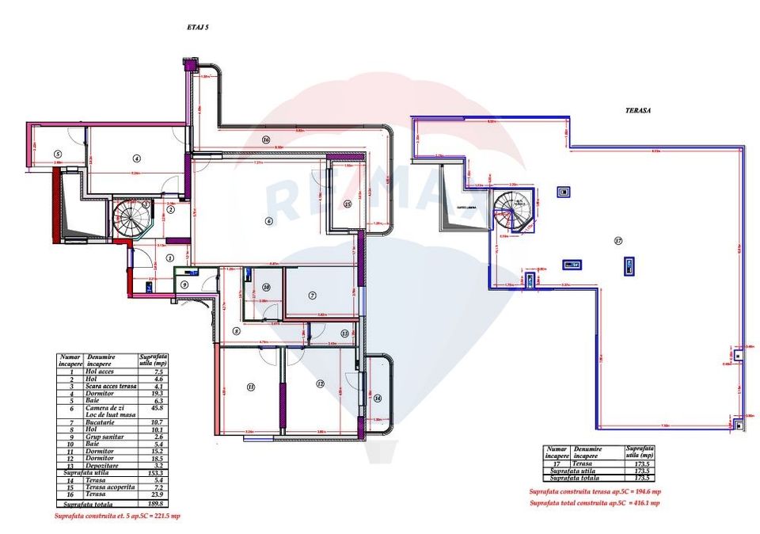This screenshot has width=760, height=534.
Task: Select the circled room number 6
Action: (269, 221)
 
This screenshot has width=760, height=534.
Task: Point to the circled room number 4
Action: (136, 158)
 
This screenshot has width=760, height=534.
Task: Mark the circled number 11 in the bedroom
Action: (251, 387)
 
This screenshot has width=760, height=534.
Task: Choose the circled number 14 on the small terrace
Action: (378, 398)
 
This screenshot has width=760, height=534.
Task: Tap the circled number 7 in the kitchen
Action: (313, 296)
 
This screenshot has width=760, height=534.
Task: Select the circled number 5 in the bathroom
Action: (58, 154)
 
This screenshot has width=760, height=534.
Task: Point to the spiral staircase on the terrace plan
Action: (511, 209)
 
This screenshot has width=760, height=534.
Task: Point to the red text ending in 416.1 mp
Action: (594, 502)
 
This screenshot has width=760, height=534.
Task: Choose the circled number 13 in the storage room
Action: (344, 334)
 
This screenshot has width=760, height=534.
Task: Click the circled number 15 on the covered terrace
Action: (348, 204)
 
